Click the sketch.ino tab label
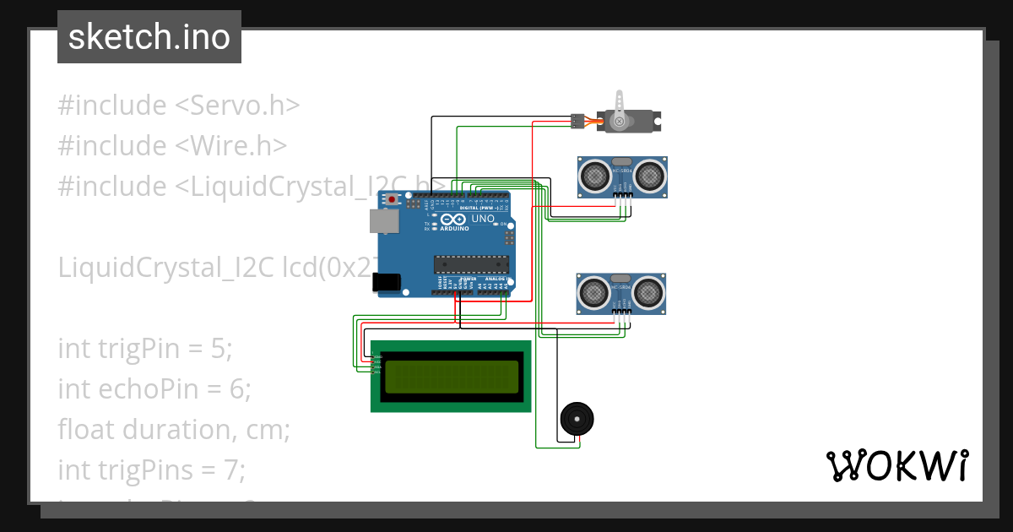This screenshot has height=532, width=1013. click(149, 37)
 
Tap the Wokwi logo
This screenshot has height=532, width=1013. click(897, 466)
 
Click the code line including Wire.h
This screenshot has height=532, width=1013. click(172, 145)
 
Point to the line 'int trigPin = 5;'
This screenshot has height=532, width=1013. click(144, 348)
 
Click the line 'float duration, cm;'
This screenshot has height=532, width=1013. click(174, 429)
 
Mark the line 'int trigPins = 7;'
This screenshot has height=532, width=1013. click(151, 470)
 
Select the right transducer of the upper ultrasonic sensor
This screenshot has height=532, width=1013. click(649, 176)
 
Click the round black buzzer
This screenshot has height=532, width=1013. click(577, 419)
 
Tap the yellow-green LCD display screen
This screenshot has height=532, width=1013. click(452, 377)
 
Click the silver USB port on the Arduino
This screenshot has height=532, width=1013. click(383, 220)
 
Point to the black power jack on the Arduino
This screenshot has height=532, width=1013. click(387, 283)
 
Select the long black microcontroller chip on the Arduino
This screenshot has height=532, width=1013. click(471, 263)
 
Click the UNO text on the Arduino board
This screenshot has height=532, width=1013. click(483, 219)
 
